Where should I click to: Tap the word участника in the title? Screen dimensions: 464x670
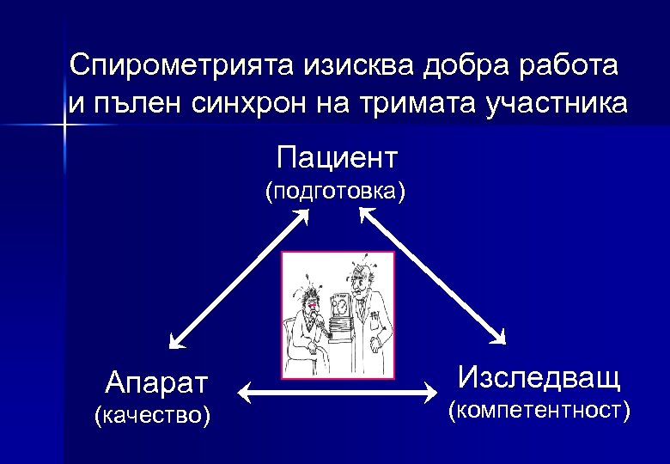coord(557,104)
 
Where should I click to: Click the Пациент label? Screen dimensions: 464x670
coord(337,157)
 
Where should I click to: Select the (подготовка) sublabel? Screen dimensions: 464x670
coord(335,190)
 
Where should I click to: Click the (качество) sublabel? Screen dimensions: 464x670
coord(151,416)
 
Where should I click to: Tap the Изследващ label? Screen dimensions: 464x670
coord(539,376)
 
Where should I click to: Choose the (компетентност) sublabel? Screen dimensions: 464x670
coord(539,411)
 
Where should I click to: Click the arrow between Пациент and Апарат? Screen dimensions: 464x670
coord(239,278)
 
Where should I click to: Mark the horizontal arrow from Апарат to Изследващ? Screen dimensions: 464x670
coord(337,394)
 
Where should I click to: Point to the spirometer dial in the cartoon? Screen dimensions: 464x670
coord(338,304)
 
